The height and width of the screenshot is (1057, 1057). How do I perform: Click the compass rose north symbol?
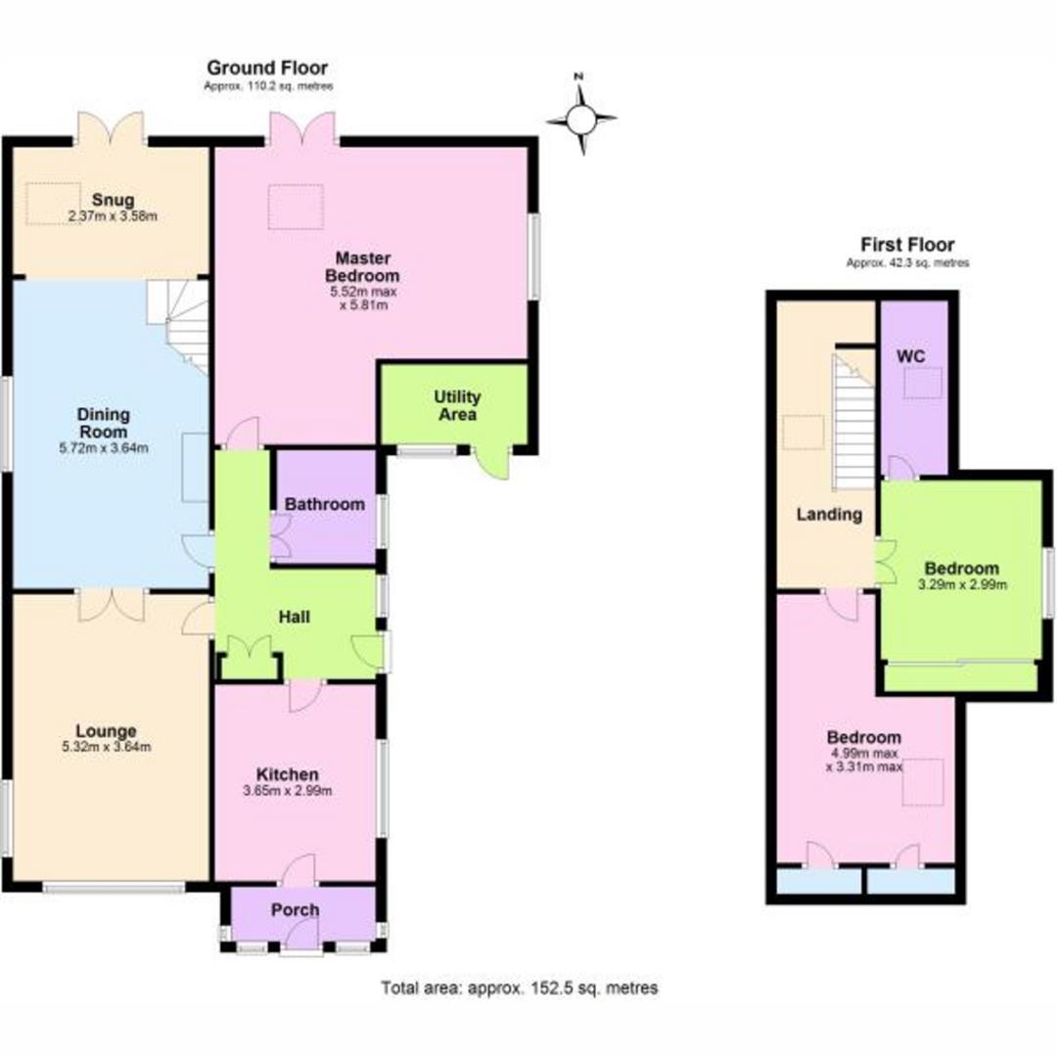coord(581,119)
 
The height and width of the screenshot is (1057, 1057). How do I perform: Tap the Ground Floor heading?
coord(267,68)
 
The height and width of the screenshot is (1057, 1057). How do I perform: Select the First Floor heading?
coord(907,245)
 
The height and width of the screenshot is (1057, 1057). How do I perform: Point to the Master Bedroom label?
coord(363,266)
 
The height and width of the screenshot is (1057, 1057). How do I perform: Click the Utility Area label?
coord(457,405)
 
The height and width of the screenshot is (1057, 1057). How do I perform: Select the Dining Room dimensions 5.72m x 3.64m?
coord(104,449)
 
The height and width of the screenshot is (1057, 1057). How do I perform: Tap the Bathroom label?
coord(325,505)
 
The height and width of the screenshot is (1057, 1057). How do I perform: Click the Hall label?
coord(294,618)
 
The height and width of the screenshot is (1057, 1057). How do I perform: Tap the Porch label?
coord(295,910)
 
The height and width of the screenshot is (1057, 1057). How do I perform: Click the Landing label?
coord(828,515)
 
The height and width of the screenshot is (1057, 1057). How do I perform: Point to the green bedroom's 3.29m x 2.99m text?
coord(962,585)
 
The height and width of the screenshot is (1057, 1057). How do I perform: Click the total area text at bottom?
coord(519,988)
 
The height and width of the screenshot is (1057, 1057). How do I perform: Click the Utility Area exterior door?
coord(494,463)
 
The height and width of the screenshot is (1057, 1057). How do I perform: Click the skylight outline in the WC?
coord(922,383)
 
